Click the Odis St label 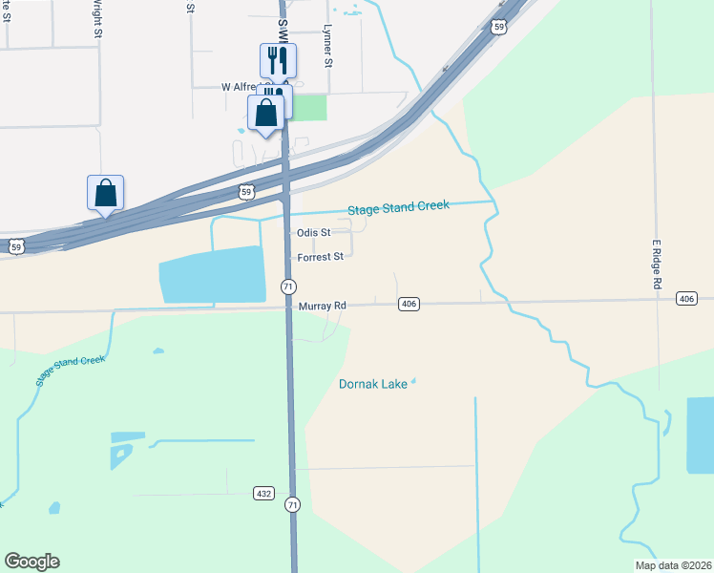313,232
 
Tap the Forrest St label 320,257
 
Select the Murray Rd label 322,306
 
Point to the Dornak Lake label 373,385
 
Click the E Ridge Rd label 657,265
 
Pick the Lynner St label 327,46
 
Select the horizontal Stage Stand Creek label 398,207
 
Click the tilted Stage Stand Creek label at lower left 70,371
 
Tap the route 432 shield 264,493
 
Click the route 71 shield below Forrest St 288,286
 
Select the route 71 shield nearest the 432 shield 293,504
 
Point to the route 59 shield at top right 498,28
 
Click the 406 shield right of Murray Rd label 409,304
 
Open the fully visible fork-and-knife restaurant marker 278,60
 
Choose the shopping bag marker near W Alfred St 266,112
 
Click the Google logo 31,562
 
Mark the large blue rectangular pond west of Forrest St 212,275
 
